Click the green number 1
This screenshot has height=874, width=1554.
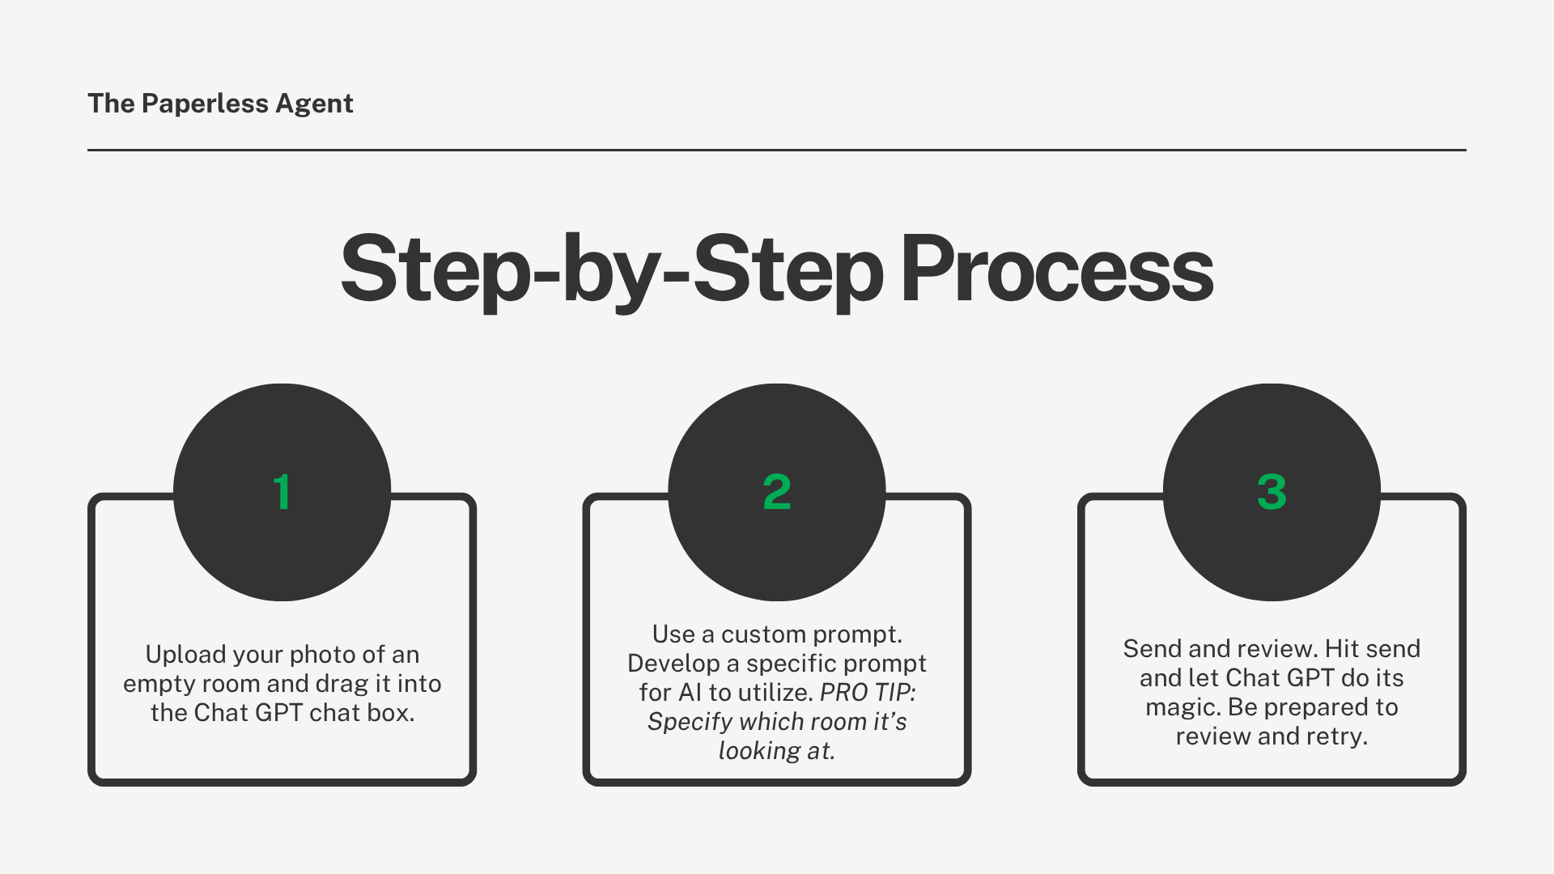click(282, 492)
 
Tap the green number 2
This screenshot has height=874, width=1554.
click(777, 492)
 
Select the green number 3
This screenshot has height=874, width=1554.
click(1272, 492)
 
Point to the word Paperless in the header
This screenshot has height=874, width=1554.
click(205, 104)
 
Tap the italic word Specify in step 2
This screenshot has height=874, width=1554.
click(690, 722)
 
